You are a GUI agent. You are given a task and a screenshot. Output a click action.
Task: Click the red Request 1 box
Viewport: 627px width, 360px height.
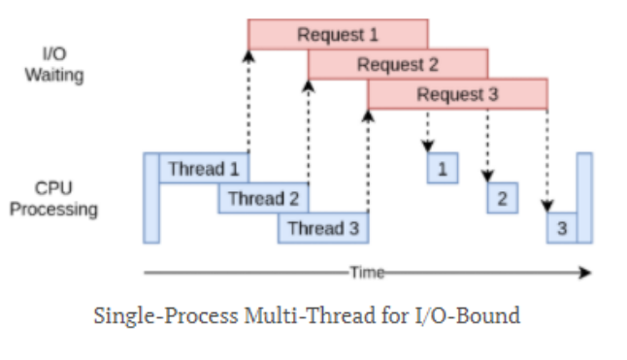point(337,34)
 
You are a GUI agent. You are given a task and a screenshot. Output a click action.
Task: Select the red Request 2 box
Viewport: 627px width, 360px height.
point(398,64)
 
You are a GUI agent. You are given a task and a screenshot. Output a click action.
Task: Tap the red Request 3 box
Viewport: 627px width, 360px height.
point(457,94)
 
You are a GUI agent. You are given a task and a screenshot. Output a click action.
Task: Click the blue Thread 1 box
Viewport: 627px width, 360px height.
point(204,169)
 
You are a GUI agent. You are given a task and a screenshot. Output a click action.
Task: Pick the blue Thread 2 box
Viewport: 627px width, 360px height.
point(263,199)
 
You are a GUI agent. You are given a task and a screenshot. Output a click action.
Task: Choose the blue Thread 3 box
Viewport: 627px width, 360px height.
point(323,229)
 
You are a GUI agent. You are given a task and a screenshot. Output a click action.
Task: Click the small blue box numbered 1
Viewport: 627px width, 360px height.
point(443,169)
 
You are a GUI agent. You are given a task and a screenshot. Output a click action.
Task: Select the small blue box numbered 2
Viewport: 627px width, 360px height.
point(502,199)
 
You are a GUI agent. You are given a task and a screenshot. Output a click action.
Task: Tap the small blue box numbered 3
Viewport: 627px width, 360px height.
point(561,229)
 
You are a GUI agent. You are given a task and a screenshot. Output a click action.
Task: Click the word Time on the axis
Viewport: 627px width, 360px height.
point(367,273)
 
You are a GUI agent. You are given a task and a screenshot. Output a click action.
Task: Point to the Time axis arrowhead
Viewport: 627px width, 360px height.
point(585,273)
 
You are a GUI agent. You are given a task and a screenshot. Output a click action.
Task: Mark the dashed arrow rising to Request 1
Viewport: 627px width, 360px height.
point(248,102)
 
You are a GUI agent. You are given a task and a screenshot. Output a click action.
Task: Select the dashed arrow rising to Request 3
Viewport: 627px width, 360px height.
point(368,160)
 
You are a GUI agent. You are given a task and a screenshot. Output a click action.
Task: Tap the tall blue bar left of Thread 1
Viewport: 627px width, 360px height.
point(151,197)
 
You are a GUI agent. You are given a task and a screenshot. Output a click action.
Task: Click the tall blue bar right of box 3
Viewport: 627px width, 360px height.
point(583,197)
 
